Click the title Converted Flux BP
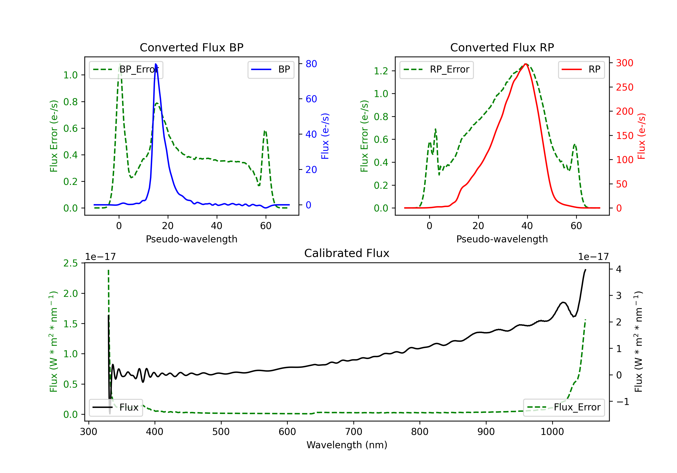tap(192, 47)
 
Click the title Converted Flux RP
tap(502, 47)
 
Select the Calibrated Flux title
tap(347, 253)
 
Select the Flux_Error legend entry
tap(564, 407)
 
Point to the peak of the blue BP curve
tap(156, 64)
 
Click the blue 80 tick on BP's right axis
tap(311, 64)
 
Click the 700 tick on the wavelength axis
tap(354, 432)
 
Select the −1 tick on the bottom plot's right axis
tap(623, 401)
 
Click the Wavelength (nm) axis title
tap(347, 445)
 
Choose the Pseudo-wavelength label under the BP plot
tap(192, 239)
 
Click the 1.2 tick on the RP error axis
tap(381, 71)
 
